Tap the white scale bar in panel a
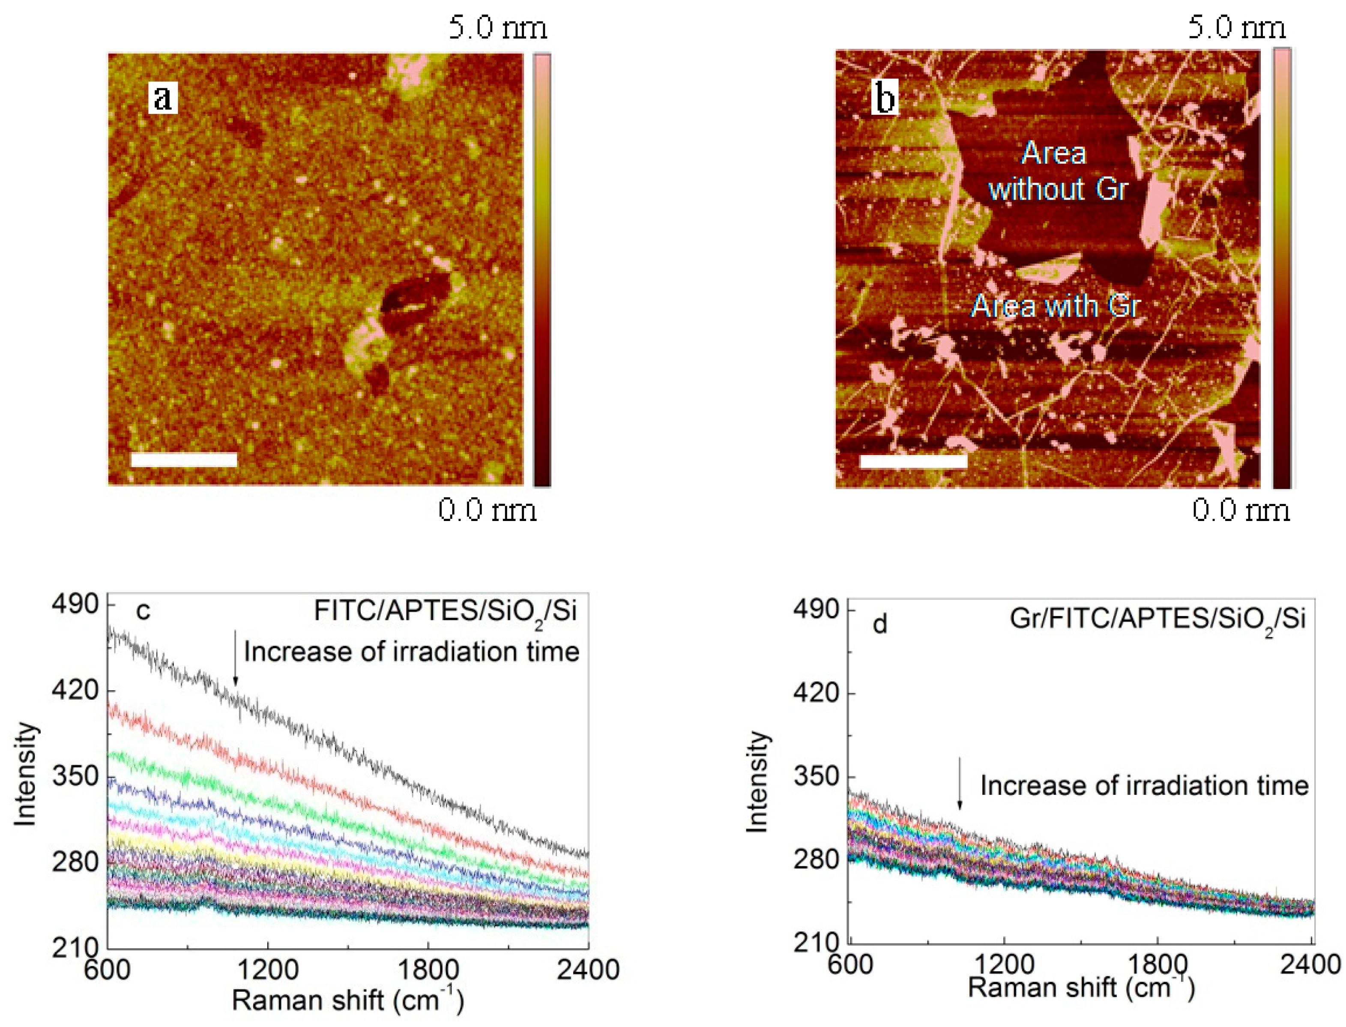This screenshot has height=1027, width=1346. (x=184, y=460)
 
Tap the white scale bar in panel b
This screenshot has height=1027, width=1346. (x=913, y=461)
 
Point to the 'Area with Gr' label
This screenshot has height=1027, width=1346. (x=1056, y=305)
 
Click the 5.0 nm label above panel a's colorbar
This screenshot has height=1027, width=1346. (x=497, y=27)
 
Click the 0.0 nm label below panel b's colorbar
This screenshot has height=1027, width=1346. (x=1241, y=509)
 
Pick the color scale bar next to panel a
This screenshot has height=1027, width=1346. (x=541, y=269)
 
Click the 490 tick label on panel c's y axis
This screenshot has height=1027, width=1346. (x=75, y=605)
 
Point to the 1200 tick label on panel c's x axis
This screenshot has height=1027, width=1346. (x=268, y=970)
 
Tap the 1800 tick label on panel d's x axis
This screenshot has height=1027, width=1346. (x=1157, y=964)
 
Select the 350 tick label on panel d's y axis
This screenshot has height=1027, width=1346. (x=816, y=777)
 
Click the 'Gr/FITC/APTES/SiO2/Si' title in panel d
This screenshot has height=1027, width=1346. (x=1157, y=619)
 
